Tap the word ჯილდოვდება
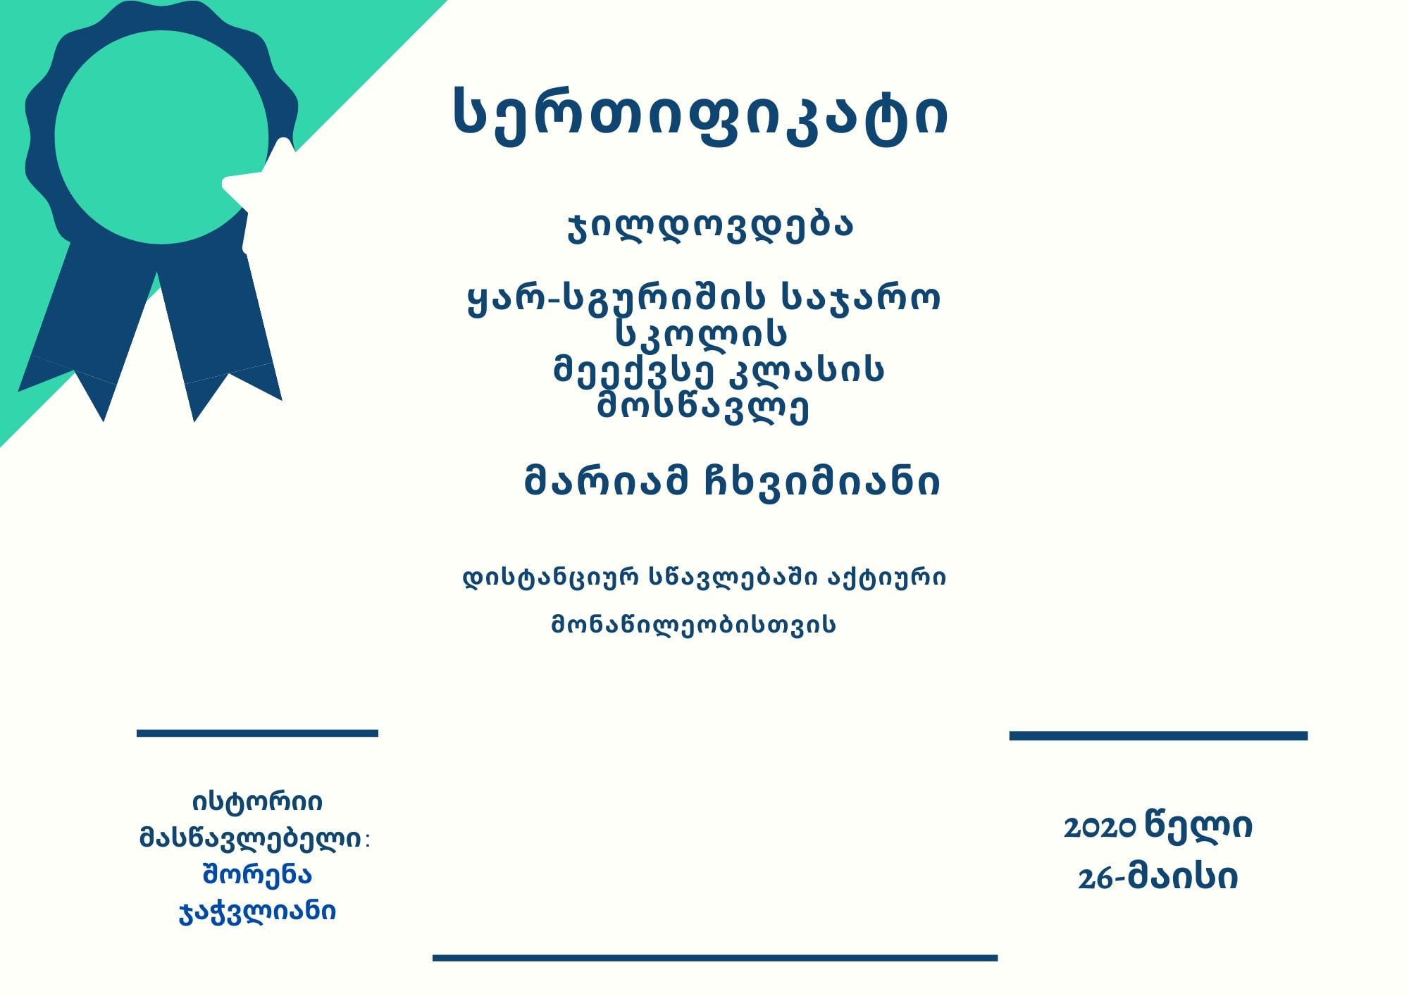pyautogui.click(x=710, y=226)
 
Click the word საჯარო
pyautogui.click(x=861, y=299)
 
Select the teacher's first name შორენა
pyautogui.click(x=257, y=875)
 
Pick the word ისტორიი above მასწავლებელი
pyautogui.click(x=257, y=802)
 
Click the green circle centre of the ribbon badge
pyautogui.click(x=161, y=137)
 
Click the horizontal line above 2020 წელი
pyautogui.click(x=1158, y=736)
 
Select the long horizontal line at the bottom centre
pyautogui.click(x=715, y=958)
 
